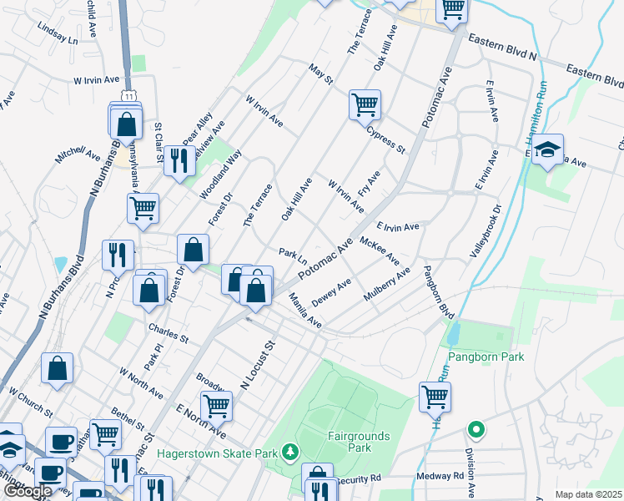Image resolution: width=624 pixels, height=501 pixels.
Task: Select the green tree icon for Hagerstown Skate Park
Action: [x=289, y=452]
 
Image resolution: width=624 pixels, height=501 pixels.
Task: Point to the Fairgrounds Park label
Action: [x=360, y=442]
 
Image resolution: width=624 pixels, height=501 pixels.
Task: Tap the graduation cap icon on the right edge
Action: [x=547, y=150]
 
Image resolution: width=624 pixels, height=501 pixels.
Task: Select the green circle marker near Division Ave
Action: [x=476, y=431]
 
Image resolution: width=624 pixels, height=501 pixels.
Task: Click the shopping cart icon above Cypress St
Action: [x=365, y=105]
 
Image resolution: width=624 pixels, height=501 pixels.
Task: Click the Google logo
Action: [x=28, y=491]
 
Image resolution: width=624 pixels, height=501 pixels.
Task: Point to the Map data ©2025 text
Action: [x=588, y=494]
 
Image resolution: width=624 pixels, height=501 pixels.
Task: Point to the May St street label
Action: [x=320, y=74]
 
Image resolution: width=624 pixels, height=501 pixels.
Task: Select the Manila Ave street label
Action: [x=304, y=310]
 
